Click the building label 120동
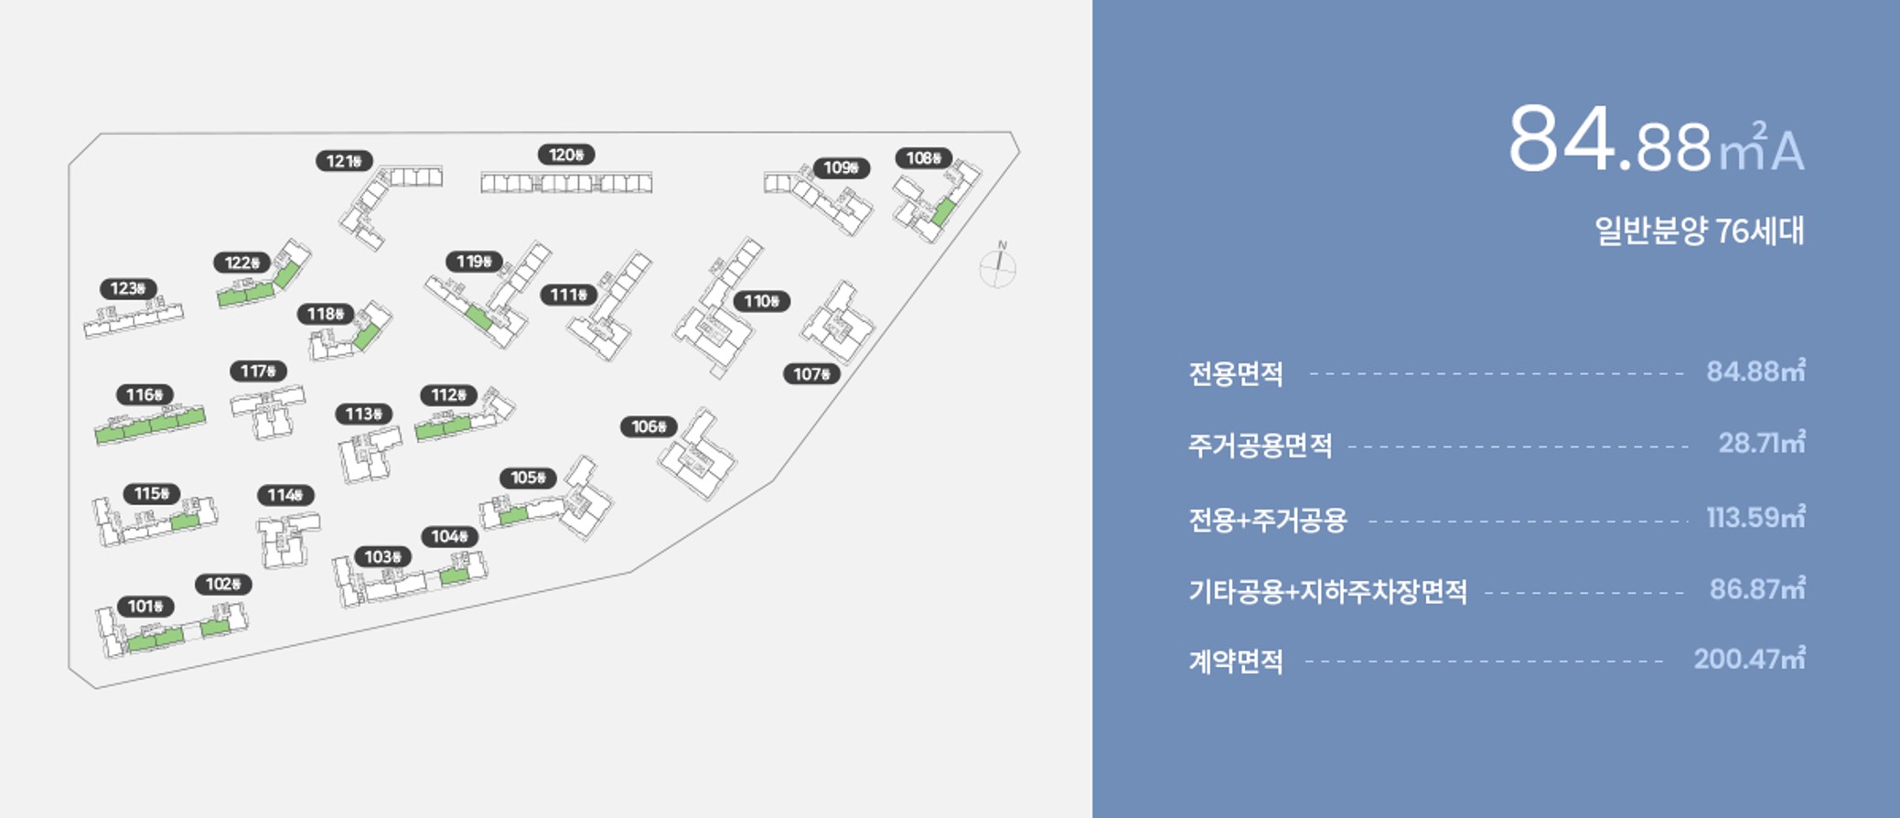pos(566,155)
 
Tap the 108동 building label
pos(923,158)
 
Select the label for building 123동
pos(128,289)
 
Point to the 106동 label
pos(649,426)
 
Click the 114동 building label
pos(285,495)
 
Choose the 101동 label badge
pos(145,607)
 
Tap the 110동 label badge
pos(761,301)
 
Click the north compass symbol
pos(998,266)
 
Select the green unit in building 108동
pos(943,212)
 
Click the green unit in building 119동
pos(478,318)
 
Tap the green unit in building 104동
pos(454,576)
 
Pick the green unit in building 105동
pos(513,516)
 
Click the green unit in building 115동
pos(185,522)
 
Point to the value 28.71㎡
pos(1761,444)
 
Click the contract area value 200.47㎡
pos(1748,660)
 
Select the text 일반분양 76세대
pos(1699,231)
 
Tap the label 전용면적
pos(1235,373)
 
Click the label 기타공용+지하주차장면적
pos(1327,592)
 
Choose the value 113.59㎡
pos(1755,518)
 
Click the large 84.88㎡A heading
pos(1655,143)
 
